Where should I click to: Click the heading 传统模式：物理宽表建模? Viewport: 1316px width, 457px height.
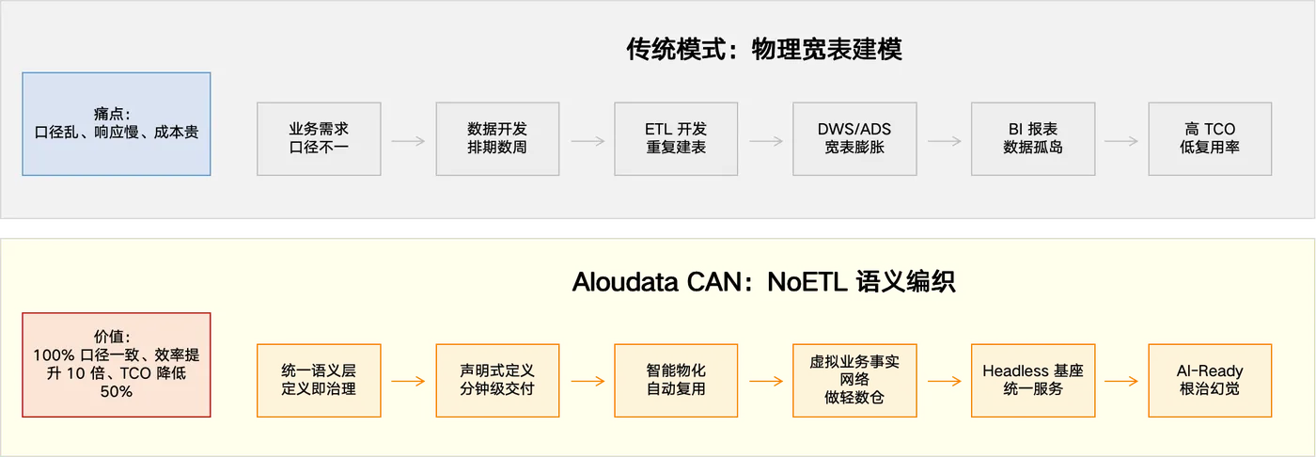click(x=763, y=49)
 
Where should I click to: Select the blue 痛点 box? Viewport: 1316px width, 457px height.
click(x=116, y=124)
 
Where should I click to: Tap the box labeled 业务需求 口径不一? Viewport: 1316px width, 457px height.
click(x=319, y=138)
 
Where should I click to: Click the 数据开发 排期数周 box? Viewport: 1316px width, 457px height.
click(x=497, y=138)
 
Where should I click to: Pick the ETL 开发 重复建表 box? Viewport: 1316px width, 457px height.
click(x=676, y=138)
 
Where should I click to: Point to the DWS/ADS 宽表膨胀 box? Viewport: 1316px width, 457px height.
click(x=854, y=138)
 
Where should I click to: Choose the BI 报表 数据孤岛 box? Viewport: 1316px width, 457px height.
click(x=1033, y=138)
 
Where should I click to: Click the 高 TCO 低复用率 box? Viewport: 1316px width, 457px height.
click(x=1210, y=138)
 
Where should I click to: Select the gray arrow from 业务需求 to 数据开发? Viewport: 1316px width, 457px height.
click(x=408, y=141)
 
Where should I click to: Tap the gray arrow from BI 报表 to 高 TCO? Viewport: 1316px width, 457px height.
click(x=1121, y=141)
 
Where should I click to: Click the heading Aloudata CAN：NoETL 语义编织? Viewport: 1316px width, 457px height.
click(x=763, y=282)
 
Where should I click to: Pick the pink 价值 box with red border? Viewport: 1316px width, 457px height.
click(x=117, y=364)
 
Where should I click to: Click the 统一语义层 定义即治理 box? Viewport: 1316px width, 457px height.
click(x=319, y=380)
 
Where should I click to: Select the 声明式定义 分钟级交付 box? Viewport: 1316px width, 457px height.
click(x=497, y=380)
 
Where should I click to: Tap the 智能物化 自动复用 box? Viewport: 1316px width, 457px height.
click(x=676, y=380)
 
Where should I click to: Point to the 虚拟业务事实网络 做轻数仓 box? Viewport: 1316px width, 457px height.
click(x=854, y=380)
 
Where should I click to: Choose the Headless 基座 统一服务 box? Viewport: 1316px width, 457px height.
click(x=1033, y=380)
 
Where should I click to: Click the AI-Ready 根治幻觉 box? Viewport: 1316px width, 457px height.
click(x=1210, y=380)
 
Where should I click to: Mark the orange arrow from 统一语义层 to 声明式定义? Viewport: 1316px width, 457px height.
click(x=408, y=382)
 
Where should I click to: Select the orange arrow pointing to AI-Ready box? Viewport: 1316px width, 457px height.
click(x=1121, y=382)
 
